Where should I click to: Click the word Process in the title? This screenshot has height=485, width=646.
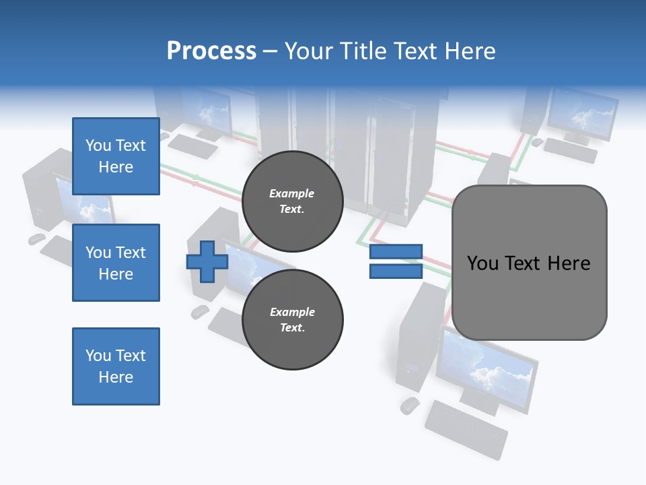coord(211,51)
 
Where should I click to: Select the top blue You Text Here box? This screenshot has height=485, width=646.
coord(116,156)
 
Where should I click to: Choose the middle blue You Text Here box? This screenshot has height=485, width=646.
coord(116,263)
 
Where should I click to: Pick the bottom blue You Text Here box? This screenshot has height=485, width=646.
coord(116,366)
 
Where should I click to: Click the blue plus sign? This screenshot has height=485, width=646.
coord(207,261)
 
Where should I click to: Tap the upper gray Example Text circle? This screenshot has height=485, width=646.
coord(292,201)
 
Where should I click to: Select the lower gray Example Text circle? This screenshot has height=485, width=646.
coord(292,319)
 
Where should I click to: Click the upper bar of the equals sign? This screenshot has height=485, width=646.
coord(396,251)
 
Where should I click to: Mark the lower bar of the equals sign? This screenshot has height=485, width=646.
coord(396,271)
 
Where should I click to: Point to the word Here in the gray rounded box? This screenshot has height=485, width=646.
coord(569,263)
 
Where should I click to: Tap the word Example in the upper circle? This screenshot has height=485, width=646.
coord(291,193)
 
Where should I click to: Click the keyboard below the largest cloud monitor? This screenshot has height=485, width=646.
coord(466,428)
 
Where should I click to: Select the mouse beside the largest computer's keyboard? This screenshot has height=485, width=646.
coord(409,405)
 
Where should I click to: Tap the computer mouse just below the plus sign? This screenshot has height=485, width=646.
coord(200,311)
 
